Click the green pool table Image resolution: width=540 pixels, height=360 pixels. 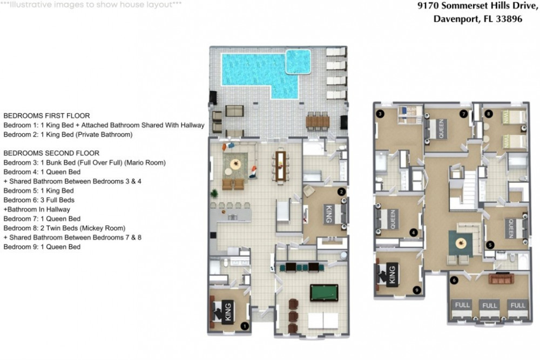coord(323,293)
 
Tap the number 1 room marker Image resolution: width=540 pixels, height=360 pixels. coord(244,325)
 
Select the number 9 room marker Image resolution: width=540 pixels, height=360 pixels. coord(415,290)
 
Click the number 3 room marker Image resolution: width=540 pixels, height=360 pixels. coord(380,114)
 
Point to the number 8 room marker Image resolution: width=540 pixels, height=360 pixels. coord(488,114)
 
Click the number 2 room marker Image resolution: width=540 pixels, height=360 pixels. coord(341,192)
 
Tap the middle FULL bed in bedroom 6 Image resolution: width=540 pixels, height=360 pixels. coord(489,310)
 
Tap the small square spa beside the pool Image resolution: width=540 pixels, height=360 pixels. coord(298,60)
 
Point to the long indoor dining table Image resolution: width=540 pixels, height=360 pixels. coord(280,165)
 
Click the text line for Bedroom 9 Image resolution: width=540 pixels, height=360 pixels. coord(42,247)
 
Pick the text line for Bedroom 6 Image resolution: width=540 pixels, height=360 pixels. coord(39,200)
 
